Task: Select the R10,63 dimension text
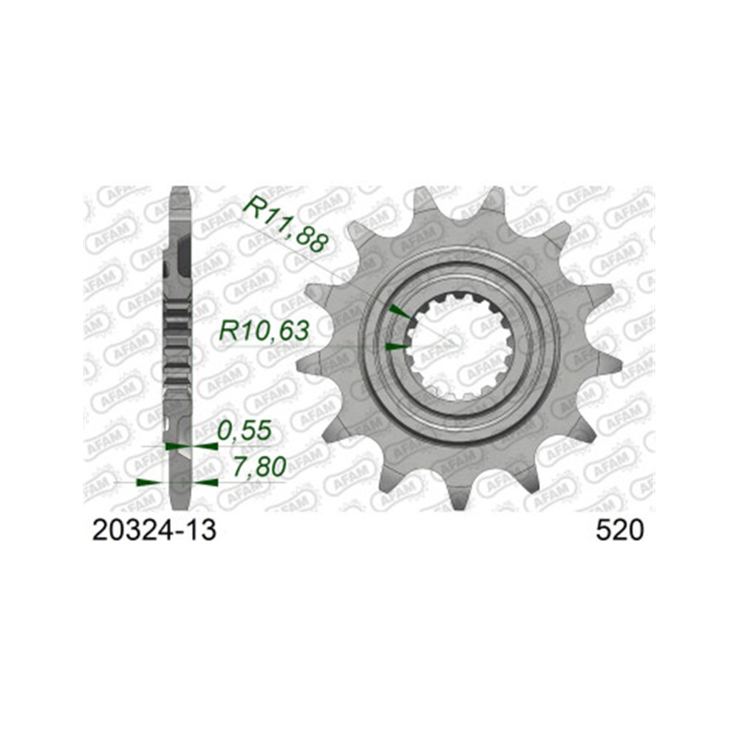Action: (264, 331)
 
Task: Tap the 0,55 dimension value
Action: (245, 430)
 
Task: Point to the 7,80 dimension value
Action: (259, 466)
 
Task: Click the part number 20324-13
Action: (154, 531)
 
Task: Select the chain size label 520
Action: (619, 531)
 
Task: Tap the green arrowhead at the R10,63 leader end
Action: (396, 347)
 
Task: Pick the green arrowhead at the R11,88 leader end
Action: (399, 313)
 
